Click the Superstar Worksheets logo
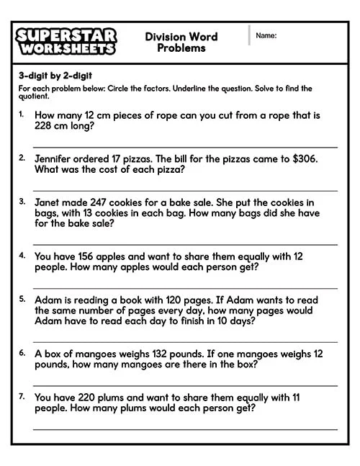65,42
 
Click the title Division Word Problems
181,42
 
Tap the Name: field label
266,35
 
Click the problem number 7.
22,396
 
